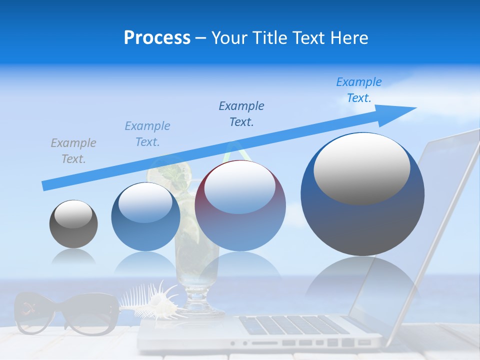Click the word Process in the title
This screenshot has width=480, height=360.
pyautogui.click(x=157, y=38)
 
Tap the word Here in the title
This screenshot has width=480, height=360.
pyautogui.click(x=349, y=38)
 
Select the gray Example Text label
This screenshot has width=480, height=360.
pyautogui.click(x=73, y=151)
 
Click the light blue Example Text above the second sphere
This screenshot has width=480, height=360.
pyautogui.click(x=147, y=134)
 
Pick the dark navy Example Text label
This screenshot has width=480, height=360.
pyautogui.click(x=241, y=113)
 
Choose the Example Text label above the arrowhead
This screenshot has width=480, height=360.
pyautogui.click(x=359, y=89)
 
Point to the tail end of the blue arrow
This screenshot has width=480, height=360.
pyautogui.click(x=44, y=186)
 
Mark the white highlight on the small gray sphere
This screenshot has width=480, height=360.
pyautogui.click(x=73, y=214)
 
